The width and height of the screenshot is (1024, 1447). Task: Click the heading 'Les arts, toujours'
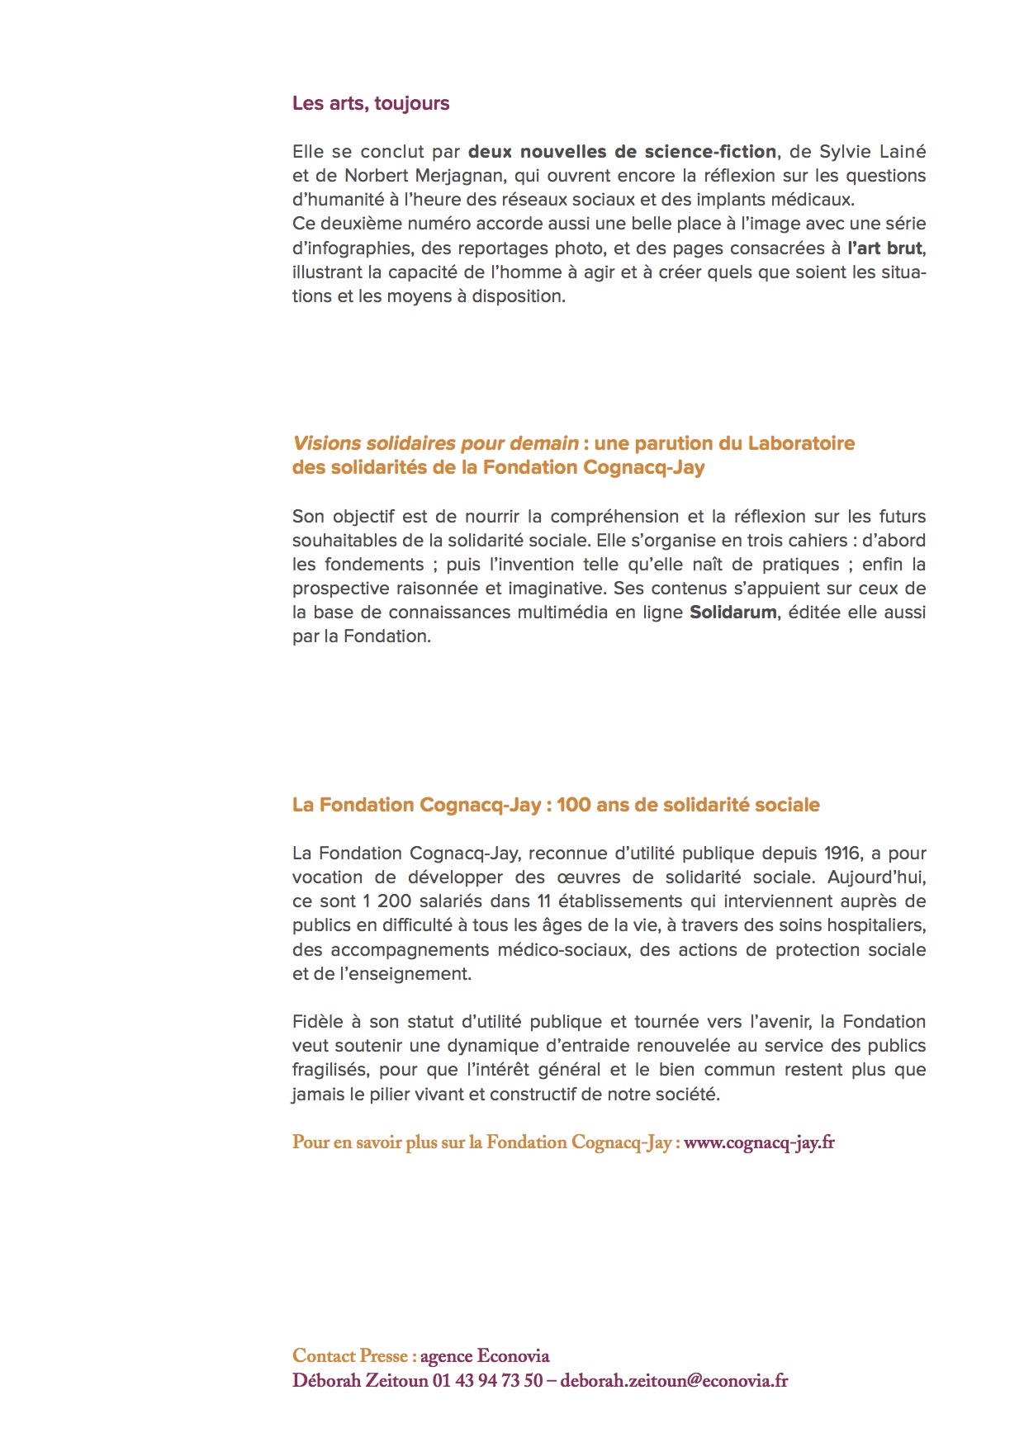(371, 103)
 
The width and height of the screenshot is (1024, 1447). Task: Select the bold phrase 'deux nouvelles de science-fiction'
(622, 152)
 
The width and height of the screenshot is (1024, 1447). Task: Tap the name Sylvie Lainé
(872, 152)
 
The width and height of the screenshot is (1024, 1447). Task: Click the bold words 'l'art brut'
(884, 248)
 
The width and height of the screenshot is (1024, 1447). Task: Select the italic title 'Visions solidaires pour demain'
(435, 443)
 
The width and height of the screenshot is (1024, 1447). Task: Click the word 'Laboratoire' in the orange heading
(800, 443)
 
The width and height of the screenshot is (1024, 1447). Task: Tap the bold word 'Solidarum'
(732, 612)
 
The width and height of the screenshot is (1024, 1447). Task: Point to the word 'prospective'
(341, 589)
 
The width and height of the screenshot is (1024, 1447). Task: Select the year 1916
(842, 854)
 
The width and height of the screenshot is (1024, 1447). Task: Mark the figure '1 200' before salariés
(387, 901)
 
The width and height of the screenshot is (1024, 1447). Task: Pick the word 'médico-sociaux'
(564, 950)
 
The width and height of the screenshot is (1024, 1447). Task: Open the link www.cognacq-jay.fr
(759, 1142)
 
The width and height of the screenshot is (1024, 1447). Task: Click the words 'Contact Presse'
(350, 1356)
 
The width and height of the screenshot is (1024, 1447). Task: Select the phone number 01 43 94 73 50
(487, 1380)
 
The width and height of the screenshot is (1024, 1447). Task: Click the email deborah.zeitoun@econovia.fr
(674, 1380)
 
